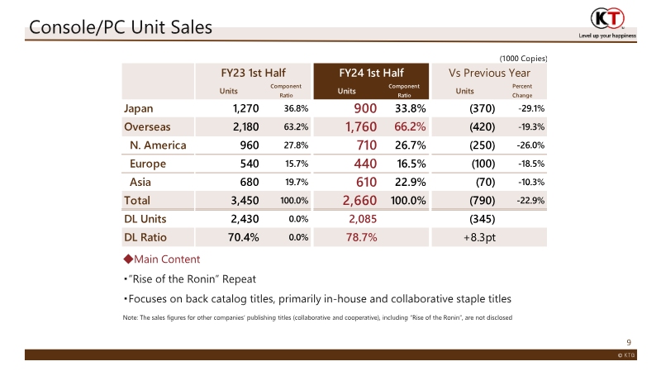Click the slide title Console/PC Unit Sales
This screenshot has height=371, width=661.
[121, 27]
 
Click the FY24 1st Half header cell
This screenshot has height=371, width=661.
[370, 72]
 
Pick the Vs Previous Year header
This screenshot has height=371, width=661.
[489, 72]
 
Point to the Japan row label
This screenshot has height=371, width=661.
[138, 108]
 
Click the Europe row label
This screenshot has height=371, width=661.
[148, 164]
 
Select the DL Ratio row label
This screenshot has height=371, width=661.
[145, 237]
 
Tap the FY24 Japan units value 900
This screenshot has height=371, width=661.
[365, 108]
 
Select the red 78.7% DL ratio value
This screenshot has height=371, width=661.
[361, 237]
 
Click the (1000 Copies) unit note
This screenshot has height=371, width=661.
[524, 58]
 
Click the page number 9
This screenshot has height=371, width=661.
[629, 342]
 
